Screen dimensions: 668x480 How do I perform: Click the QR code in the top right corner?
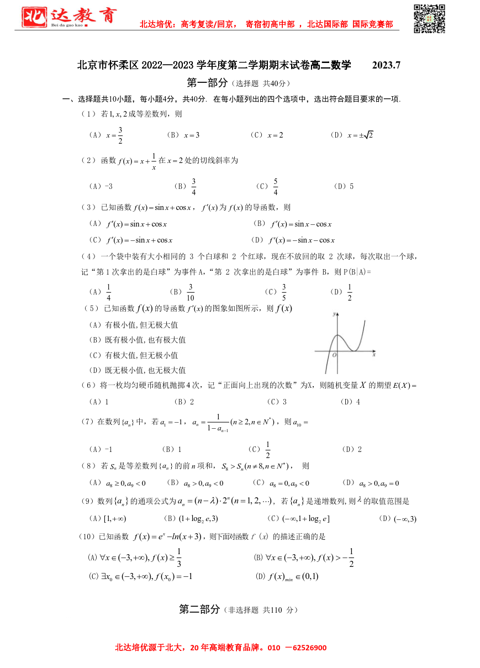[x=429, y=18]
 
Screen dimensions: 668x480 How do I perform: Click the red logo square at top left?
[x=34, y=17]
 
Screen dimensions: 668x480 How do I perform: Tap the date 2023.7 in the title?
[x=386, y=65]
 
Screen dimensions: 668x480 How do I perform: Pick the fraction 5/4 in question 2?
[x=275, y=187]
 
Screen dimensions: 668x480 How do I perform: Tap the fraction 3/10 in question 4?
[x=191, y=292]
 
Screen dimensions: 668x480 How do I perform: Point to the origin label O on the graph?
[x=334, y=355]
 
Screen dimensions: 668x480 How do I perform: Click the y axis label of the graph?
[x=334, y=314]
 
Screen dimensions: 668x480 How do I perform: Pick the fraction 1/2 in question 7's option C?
[x=268, y=450]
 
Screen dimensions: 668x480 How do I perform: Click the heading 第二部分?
[x=199, y=609]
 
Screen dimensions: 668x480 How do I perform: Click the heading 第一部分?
[x=207, y=83]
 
